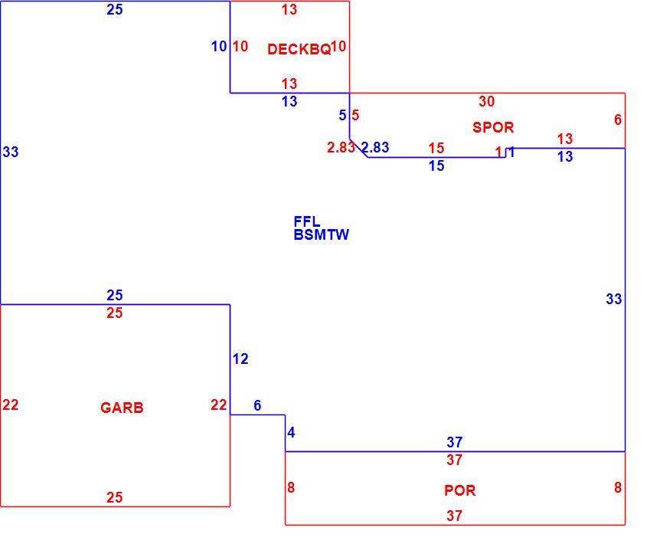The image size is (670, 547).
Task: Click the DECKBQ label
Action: pyautogui.click(x=299, y=49)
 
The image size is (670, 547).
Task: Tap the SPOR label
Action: pyautogui.click(x=493, y=127)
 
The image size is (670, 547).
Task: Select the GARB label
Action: pyautogui.click(x=122, y=408)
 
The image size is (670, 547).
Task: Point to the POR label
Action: pyautogui.click(x=459, y=490)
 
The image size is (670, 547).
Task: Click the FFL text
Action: pyautogui.click(x=307, y=221)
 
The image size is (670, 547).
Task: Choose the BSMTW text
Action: pyautogui.click(x=322, y=234)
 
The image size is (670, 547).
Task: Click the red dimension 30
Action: pyautogui.click(x=487, y=101)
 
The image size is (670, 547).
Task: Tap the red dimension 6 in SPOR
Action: pyautogui.click(x=618, y=120)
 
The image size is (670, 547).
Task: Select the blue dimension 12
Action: pyautogui.click(x=240, y=359)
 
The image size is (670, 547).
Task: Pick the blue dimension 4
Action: pyautogui.click(x=291, y=433)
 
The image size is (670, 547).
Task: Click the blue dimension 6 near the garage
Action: pyautogui.click(x=257, y=405)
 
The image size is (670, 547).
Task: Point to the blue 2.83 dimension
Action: pyautogui.click(x=376, y=147)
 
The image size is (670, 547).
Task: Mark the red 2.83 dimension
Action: pyautogui.click(x=341, y=147)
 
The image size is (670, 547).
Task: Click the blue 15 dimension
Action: pyautogui.click(x=436, y=165)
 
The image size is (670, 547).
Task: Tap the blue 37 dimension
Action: pyautogui.click(x=455, y=442)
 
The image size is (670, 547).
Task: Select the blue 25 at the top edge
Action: pyautogui.click(x=115, y=9)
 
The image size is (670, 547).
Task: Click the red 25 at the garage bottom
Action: pyautogui.click(x=115, y=497)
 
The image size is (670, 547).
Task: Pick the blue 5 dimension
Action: pyautogui.click(x=342, y=115)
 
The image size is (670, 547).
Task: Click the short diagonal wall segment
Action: pyautogui.click(x=358, y=149)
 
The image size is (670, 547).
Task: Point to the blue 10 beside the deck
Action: pyautogui.click(x=219, y=46)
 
